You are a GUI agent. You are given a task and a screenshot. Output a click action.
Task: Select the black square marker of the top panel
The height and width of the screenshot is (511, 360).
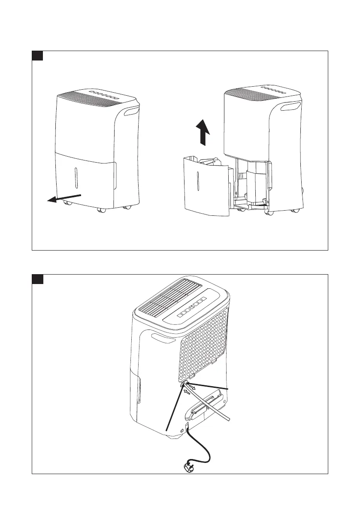coord(37,56)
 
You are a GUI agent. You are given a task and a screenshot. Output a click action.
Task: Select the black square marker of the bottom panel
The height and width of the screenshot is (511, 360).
coord(37,279)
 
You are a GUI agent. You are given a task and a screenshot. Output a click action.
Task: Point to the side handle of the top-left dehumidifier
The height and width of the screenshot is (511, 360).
coord(130,113)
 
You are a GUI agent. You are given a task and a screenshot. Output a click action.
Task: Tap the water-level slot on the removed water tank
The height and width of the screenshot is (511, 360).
coord(198,181)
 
